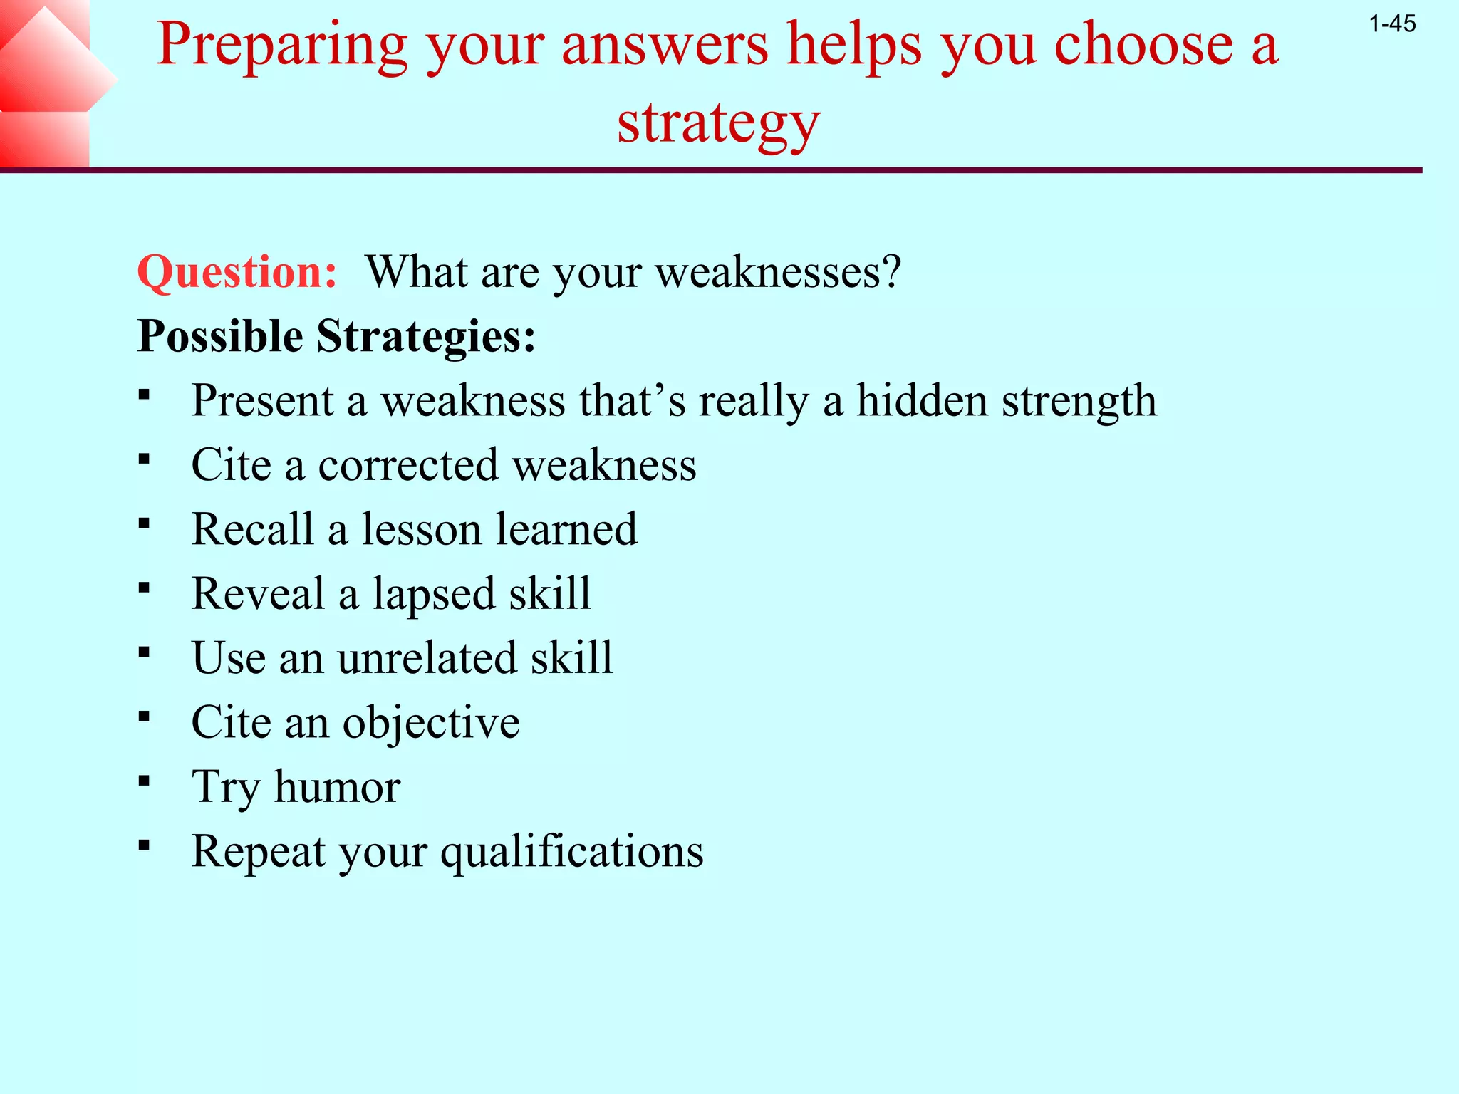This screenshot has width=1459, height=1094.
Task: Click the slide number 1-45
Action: pyautogui.click(x=1392, y=24)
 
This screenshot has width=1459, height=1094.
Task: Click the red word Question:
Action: pyautogui.click(x=237, y=272)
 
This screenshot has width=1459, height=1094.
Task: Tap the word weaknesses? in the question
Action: pyautogui.click(x=778, y=272)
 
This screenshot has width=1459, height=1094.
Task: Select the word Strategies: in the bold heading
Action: pyautogui.click(x=426, y=336)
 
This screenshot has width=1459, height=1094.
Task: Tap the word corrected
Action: pyautogui.click(x=408, y=465)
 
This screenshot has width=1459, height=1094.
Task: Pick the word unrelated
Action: pyautogui.click(x=427, y=657)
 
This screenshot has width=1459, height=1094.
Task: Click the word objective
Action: pyautogui.click(x=431, y=723)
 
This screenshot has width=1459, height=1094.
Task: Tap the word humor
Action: pyautogui.click(x=338, y=787)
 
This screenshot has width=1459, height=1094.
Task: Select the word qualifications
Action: pyautogui.click(x=572, y=851)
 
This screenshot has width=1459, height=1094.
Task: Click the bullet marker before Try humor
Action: pyautogui.click(x=145, y=781)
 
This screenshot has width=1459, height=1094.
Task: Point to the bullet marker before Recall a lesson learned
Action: pyautogui.click(x=145, y=524)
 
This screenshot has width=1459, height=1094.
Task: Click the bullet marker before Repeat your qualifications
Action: pyautogui.click(x=145, y=845)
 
